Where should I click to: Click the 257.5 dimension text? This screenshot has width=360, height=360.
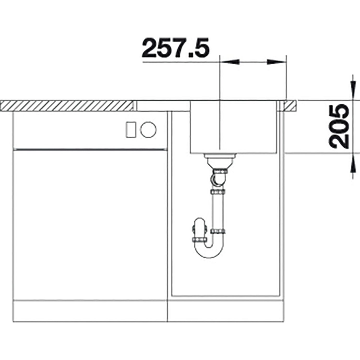coord(176,48)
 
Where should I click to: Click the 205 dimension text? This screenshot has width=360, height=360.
coord(339,126)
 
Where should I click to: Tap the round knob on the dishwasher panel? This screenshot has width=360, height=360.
coord(148,130)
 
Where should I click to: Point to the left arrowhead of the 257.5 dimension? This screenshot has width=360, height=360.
coord(229,62)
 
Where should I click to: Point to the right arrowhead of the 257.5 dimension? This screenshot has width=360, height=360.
coord(276,62)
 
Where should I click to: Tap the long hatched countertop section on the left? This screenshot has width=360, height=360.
coord(67,106)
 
